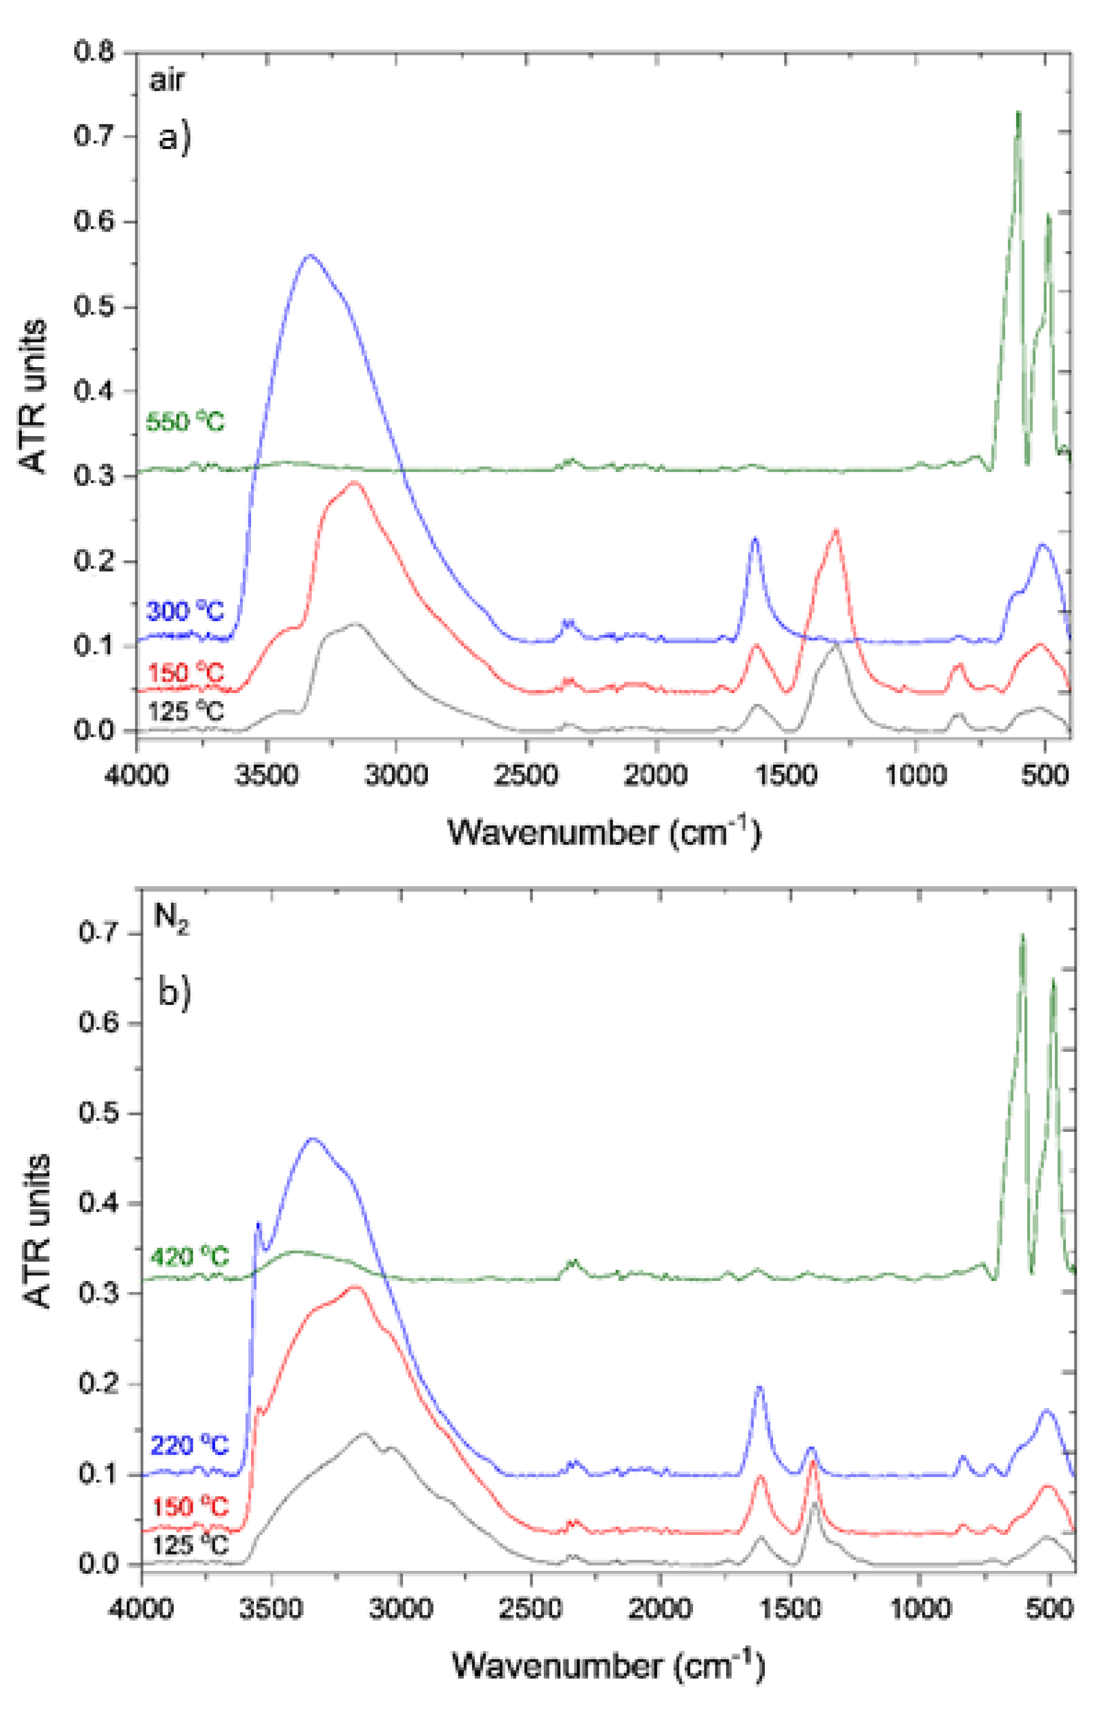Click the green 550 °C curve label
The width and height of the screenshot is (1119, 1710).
click(x=186, y=422)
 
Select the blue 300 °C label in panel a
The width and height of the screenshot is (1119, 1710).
click(x=186, y=612)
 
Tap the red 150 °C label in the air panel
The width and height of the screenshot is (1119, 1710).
click(x=186, y=674)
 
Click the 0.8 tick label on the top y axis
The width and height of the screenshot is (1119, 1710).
click(x=94, y=52)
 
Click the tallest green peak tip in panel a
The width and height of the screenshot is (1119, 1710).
click(x=1018, y=113)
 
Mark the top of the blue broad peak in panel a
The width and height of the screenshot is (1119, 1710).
click(x=311, y=256)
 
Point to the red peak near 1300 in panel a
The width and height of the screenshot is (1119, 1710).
click(x=836, y=531)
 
